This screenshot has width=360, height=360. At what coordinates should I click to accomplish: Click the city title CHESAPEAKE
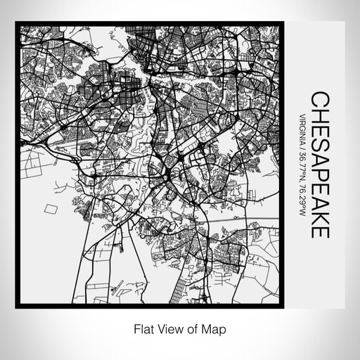point(318,164)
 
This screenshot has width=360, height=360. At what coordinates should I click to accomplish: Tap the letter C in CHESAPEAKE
point(318,98)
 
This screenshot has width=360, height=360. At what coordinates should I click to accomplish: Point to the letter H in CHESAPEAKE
point(318,113)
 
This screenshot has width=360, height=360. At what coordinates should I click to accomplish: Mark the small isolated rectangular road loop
point(50,209)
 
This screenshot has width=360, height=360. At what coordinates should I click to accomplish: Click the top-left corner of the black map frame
point(17,25)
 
